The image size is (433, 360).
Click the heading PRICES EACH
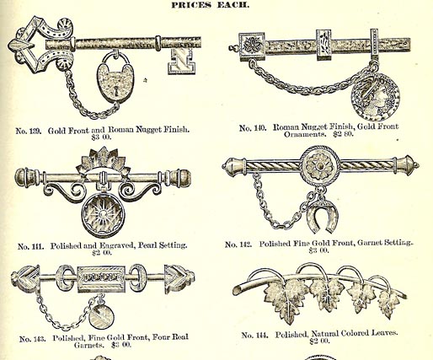pyautogui.click(x=210, y=5)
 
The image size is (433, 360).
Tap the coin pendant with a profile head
pyautogui.click(x=376, y=96)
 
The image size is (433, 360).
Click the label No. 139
pyautogui.click(x=29, y=131)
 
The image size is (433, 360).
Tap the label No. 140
pyautogui.click(x=253, y=128)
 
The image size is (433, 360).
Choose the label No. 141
pyautogui.click(x=30, y=247)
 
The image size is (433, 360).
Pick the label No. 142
pyautogui.click(x=238, y=244)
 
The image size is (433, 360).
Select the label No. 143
pyautogui.click(x=32, y=339)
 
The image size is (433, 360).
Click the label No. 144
pyautogui.click(x=254, y=336)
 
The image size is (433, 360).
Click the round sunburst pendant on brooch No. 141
pyautogui.click(x=104, y=215)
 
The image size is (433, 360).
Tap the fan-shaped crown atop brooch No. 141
pyautogui.click(x=104, y=159)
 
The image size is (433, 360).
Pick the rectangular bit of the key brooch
pyautogui.click(x=180, y=62)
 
